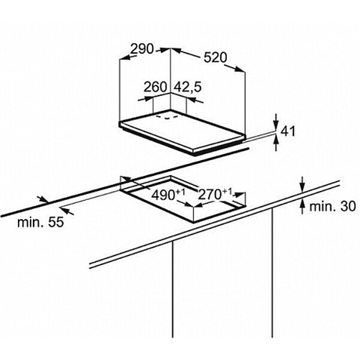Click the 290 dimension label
pyautogui.click(x=143, y=49)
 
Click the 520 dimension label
pyautogui.click(x=215, y=58)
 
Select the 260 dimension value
pyautogui.click(x=155, y=87)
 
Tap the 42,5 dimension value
pyautogui.click(x=187, y=87)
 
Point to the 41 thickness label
pyautogui.click(x=289, y=131)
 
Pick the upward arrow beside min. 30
pyautogui.click(x=302, y=205)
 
